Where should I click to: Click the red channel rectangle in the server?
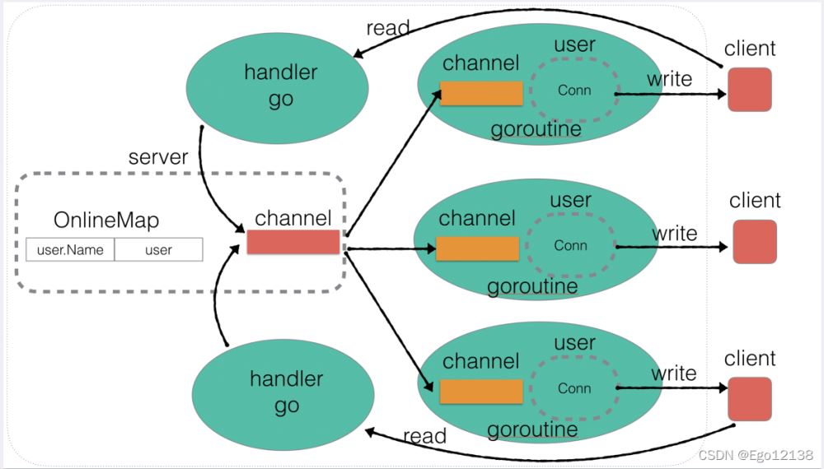[x=293, y=242]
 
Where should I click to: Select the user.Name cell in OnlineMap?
[x=70, y=250]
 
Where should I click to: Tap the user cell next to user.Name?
[x=158, y=250]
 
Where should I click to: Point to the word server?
[x=159, y=157]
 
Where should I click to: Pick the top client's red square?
[x=749, y=89]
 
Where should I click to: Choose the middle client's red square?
[x=754, y=241]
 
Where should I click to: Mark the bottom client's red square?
[x=749, y=398]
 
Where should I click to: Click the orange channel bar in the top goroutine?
[x=481, y=93]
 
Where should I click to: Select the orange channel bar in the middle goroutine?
[x=477, y=248]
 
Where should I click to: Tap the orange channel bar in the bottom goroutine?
[x=481, y=392]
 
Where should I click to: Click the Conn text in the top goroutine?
[x=574, y=91]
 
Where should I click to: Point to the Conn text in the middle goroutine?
[x=570, y=245]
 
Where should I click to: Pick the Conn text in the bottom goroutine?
[x=574, y=388]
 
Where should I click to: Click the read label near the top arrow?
[x=387, y=28]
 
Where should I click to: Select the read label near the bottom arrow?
[x=425, y=436]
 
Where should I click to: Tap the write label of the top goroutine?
[x=669, y=79]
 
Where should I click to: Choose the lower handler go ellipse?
[x=286, y=392]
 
